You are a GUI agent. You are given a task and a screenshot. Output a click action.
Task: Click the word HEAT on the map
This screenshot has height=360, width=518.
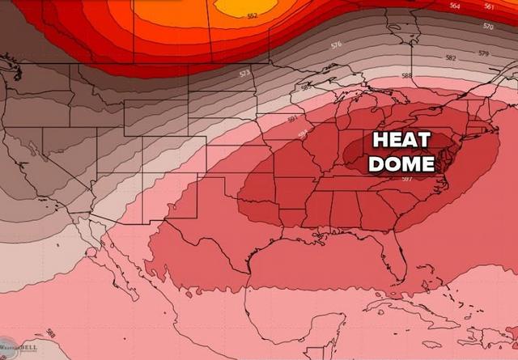(x=401, y=140)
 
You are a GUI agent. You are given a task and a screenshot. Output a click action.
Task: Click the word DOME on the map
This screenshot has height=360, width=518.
(x=401, y=163)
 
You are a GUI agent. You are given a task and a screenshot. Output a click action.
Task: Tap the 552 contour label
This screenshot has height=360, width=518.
(x=252, y=15)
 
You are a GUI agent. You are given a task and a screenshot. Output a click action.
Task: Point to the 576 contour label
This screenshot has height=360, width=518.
(x=336, y=44)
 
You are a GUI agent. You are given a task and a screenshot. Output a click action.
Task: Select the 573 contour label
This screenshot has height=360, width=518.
(x=244, y=74)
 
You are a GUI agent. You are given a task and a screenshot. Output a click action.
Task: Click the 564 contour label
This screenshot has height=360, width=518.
(x=455, y=6)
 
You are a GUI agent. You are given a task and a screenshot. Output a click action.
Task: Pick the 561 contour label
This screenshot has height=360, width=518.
(x=489, y=6)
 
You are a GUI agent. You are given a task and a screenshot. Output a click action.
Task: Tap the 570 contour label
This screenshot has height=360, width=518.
(x=487, y=26)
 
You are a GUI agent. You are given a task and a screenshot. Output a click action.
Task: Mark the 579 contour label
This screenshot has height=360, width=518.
(x=483, y=53)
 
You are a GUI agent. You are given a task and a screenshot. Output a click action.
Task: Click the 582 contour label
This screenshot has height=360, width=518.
(x=451, y=58)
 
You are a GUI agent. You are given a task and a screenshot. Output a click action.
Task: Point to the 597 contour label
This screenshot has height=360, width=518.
(x=406, y=179)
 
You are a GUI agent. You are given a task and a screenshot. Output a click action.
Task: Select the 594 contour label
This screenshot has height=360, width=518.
(x=303, y=134)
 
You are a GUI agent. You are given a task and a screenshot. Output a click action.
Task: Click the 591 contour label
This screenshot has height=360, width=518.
(x=292, y=120)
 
